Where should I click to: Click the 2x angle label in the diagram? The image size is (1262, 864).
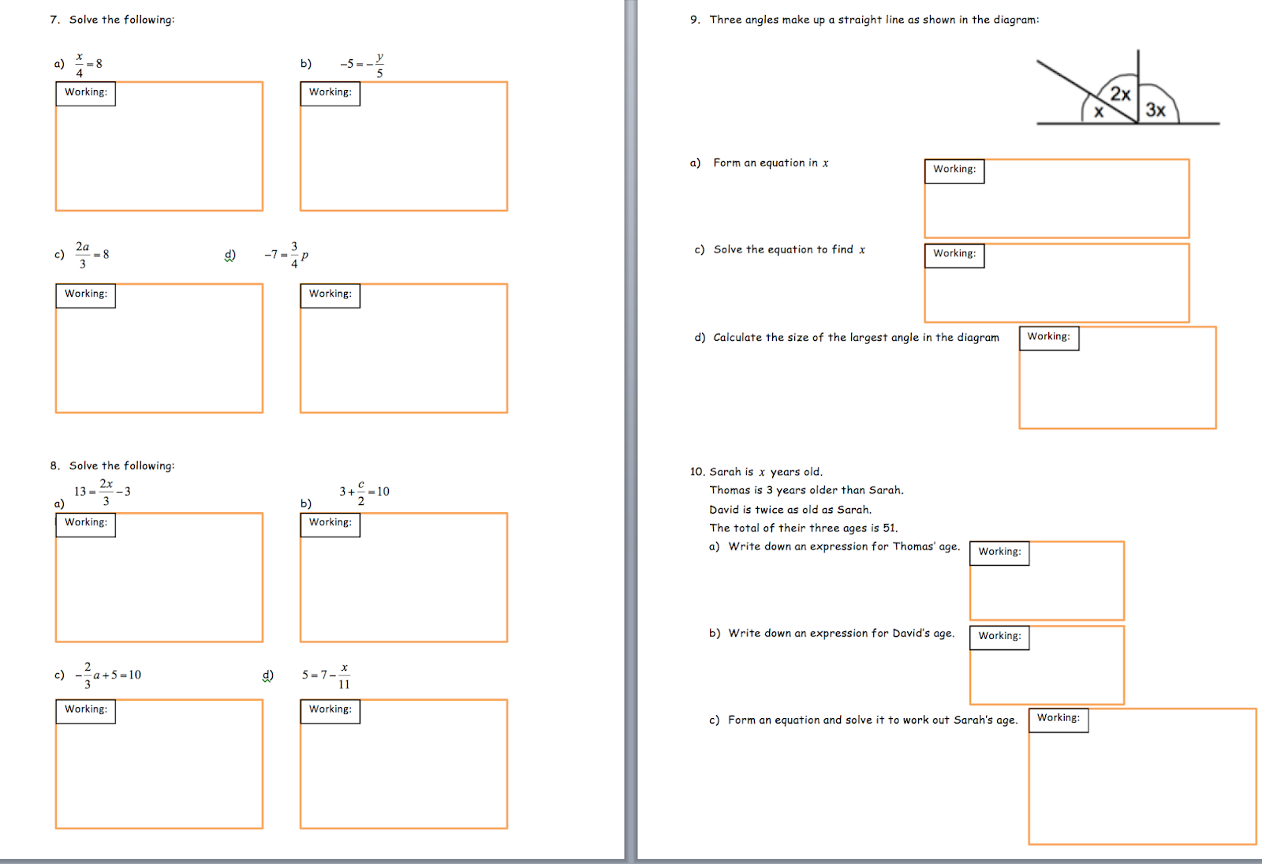tap(1120, 94)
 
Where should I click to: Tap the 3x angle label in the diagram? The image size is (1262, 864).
tap(1156, 110)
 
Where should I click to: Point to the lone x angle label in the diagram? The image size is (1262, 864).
tap(1099, 111)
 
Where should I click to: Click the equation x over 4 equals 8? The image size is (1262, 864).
tap(88, 65)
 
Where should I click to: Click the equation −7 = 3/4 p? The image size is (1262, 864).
tap(286, 255)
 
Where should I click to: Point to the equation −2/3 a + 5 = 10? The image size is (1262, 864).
tap(107, 675)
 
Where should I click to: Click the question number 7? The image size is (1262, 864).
tap(54, 20)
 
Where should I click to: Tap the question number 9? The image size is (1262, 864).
tap(695, 20)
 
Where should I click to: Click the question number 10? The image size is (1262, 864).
tap(697, 472)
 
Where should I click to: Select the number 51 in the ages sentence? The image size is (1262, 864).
tap(889, 528)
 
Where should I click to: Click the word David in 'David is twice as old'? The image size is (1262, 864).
tap(724, 510)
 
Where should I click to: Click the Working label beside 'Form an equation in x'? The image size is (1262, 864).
tap(954, 169)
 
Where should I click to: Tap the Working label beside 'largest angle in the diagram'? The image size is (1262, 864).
tap(1048, 336)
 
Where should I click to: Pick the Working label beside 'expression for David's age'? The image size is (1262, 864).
tap(999, 636)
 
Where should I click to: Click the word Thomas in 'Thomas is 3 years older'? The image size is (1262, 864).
tap(729, 490)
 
